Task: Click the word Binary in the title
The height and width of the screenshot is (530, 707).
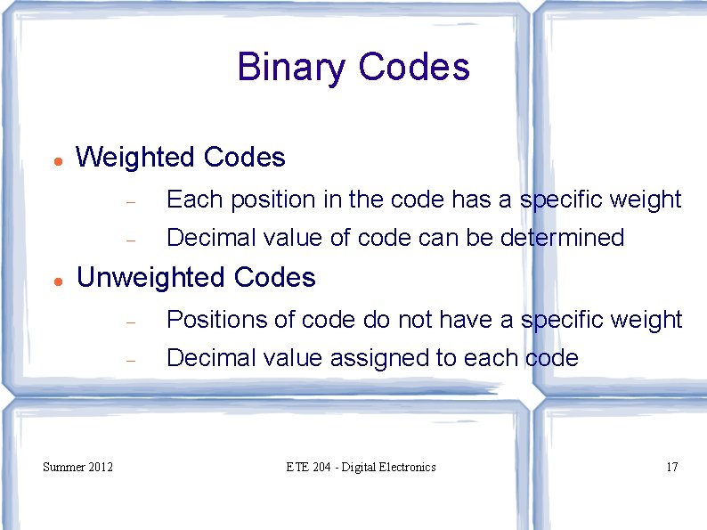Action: click(x=292, y=68)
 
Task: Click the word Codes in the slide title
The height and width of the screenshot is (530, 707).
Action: click(x=413, y=68)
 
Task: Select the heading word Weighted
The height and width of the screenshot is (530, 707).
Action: click(x=136, y=158)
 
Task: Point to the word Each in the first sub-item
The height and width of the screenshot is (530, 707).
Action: click(x=194, y=200)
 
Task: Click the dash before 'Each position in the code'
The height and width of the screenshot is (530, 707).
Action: click(x=129, y=203)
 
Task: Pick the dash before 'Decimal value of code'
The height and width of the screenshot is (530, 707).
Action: click(x=129, y=241)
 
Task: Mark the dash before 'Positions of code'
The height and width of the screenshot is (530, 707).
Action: click(x=129, y=322)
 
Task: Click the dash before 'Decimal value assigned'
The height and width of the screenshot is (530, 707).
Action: click(x=129, y=361)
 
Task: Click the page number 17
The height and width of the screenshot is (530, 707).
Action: click(x=671, y=467)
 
